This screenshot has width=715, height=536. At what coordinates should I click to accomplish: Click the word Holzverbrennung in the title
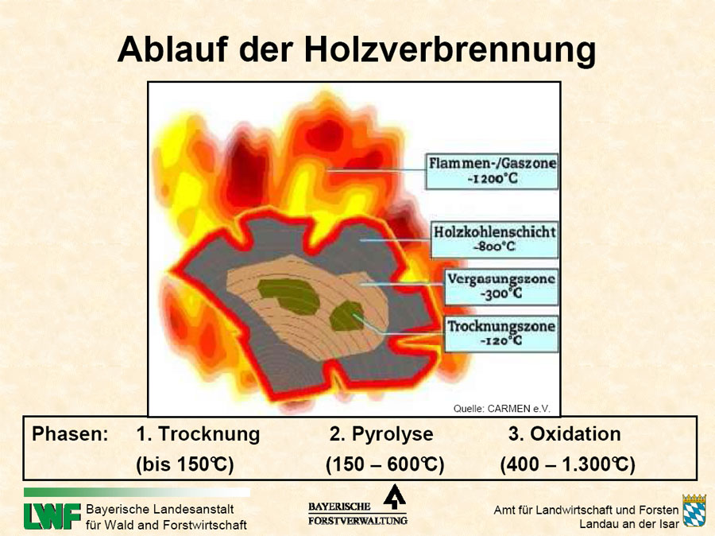[450, 50]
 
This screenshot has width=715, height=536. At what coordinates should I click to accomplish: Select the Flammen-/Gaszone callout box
[492, 171]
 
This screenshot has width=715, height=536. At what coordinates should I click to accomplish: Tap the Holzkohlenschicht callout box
[494, 239]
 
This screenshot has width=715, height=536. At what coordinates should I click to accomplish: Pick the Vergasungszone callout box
[501, 287]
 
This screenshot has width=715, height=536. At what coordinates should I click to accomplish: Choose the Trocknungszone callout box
[501, 334]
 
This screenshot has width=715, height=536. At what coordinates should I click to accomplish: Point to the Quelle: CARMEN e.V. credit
[501, 409]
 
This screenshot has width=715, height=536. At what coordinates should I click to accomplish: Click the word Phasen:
[70, 433]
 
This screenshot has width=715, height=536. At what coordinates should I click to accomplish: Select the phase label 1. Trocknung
[198, 434]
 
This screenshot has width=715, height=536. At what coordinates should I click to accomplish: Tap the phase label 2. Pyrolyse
[381, 434]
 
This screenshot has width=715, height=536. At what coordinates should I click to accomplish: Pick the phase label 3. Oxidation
[565, 433]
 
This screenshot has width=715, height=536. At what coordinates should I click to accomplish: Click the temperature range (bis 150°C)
[184, 464]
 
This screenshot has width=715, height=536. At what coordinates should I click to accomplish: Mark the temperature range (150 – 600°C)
[385, 464]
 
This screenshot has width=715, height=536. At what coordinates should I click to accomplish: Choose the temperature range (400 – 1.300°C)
[568, 464]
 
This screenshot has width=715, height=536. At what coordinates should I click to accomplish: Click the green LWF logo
[52, 516]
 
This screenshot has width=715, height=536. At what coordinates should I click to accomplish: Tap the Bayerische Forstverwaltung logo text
[357, 513]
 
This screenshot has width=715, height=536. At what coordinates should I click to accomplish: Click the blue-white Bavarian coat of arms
[694, 511]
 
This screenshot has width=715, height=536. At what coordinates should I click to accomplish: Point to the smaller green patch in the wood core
[347, 316]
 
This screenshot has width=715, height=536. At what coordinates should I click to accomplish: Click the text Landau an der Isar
[629, 524]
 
